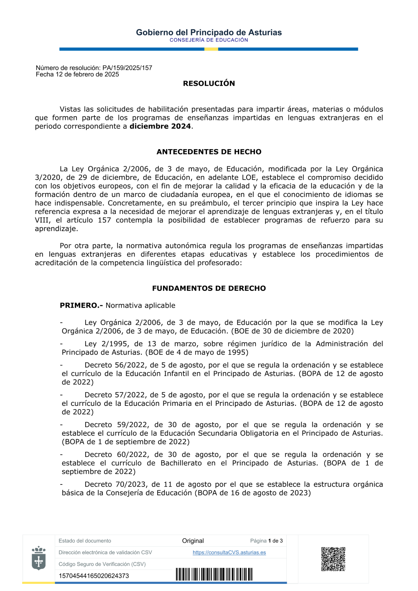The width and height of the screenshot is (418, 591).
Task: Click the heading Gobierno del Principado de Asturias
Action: [x=209, y=32]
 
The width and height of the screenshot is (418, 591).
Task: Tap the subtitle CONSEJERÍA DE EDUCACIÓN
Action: [x=209, y=40]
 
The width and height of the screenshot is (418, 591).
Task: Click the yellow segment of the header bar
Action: [x=211, y=49]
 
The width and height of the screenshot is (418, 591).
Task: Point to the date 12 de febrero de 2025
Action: [x=87, y=74]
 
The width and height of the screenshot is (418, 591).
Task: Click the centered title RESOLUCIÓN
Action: [x=209, y=84]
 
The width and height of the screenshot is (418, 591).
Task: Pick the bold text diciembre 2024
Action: [x=160, y=126]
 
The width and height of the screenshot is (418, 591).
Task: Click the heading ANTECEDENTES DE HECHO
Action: [x=209, y=152]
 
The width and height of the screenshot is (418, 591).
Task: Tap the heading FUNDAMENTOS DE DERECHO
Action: [x=209, y=288]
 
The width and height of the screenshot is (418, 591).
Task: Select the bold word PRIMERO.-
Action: [x=81, y=306]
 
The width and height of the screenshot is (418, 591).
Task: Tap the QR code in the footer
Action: [x=333, y=559]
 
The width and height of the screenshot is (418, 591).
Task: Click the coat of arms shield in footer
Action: [x=38, y=558]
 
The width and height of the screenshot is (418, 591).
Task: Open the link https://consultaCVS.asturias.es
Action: [x=229, y=553]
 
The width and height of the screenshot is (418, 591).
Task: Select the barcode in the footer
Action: [x=214, y=574]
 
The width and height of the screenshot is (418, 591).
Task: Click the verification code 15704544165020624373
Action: [x=94, y=576]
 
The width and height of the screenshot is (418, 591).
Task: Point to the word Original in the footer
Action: [x=193, y=541]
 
